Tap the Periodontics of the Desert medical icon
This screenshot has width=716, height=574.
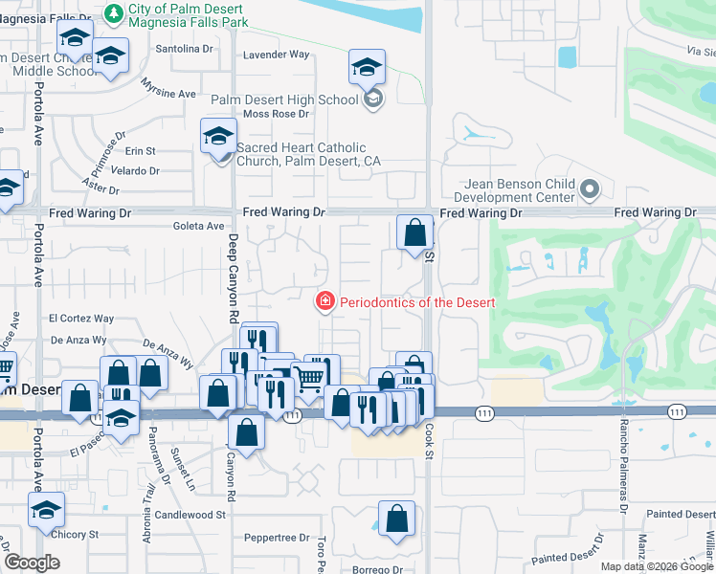tap(325, 302)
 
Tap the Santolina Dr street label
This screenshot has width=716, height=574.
tap(183, 48)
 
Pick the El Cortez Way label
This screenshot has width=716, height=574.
tap(81, 319)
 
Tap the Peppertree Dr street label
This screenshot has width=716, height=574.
tap(278, 539)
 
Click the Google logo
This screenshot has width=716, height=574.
tap(33, 563)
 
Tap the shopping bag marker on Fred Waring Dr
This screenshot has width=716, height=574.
tap(414, 232)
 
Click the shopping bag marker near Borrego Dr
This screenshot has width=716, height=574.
tap(396, 519)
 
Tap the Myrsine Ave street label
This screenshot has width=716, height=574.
tap(168, 94)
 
